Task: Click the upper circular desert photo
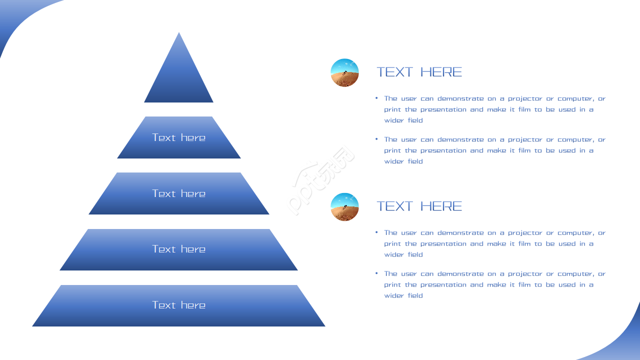(x=344, y=73)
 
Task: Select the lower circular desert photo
(x=344, y=207)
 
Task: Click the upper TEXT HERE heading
(x=419, y=72)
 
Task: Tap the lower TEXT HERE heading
(x=419, y=206)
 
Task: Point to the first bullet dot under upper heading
(x=376, y=98)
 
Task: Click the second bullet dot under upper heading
(x=376, y=139)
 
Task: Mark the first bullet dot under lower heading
(x=376, y=232)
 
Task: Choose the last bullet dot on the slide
(x=376, y=273)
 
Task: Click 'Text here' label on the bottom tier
(x=178, y=305)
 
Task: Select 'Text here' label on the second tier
(x=178, y=137)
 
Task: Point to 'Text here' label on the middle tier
(x=178, y=193)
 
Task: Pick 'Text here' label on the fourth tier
(x=178, y=249)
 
